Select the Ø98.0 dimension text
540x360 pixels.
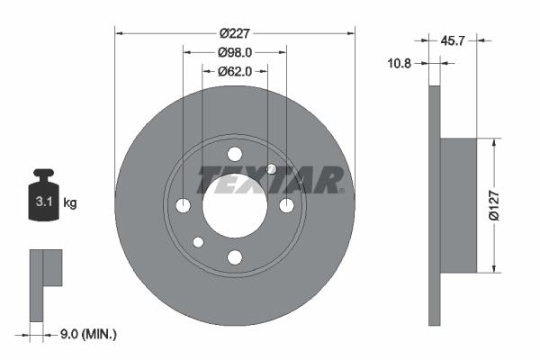(x=236, y=52)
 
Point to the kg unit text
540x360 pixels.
(x=70, y=203)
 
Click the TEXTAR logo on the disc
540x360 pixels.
(x=270, y=179)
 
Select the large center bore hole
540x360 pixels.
(x=235, y=205)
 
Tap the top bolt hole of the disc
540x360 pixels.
(x=235, y=153)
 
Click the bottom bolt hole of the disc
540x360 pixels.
(x=235, y=258)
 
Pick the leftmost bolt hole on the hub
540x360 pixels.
(x=183, y=206)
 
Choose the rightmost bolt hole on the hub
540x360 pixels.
(x=287, y=206)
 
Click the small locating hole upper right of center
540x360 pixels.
(x=272, y=169)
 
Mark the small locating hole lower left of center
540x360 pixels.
(x=199, y=241)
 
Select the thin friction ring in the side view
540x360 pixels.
(x=434, y=204)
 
